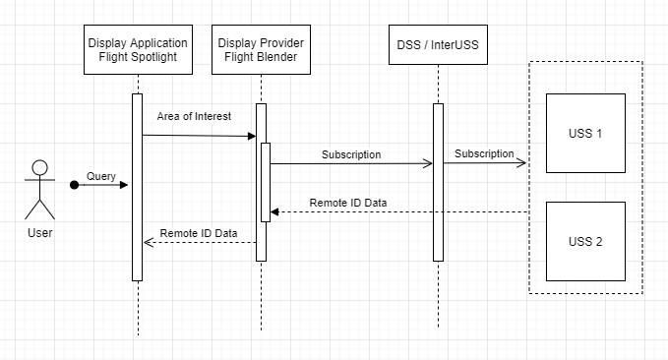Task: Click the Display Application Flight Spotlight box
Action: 138,49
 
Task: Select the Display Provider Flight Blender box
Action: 261,49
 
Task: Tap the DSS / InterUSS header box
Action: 438,44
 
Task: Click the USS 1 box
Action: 585,134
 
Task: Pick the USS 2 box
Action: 585,242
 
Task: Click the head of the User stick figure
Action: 39,168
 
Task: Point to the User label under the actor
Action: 40,233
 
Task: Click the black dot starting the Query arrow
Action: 74,185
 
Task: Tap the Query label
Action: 101,176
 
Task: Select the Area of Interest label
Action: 194,116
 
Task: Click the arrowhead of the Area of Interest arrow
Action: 252,137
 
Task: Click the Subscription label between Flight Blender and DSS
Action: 351,154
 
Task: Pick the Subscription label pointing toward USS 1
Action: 484,153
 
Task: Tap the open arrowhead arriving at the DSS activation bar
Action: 428,163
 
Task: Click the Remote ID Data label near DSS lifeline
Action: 348,203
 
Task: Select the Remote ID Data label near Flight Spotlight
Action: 199,233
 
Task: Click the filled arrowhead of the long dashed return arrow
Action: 274,212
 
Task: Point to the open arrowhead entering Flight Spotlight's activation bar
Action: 149,242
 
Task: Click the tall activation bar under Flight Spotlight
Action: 137,188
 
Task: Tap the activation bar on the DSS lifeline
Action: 438,182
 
